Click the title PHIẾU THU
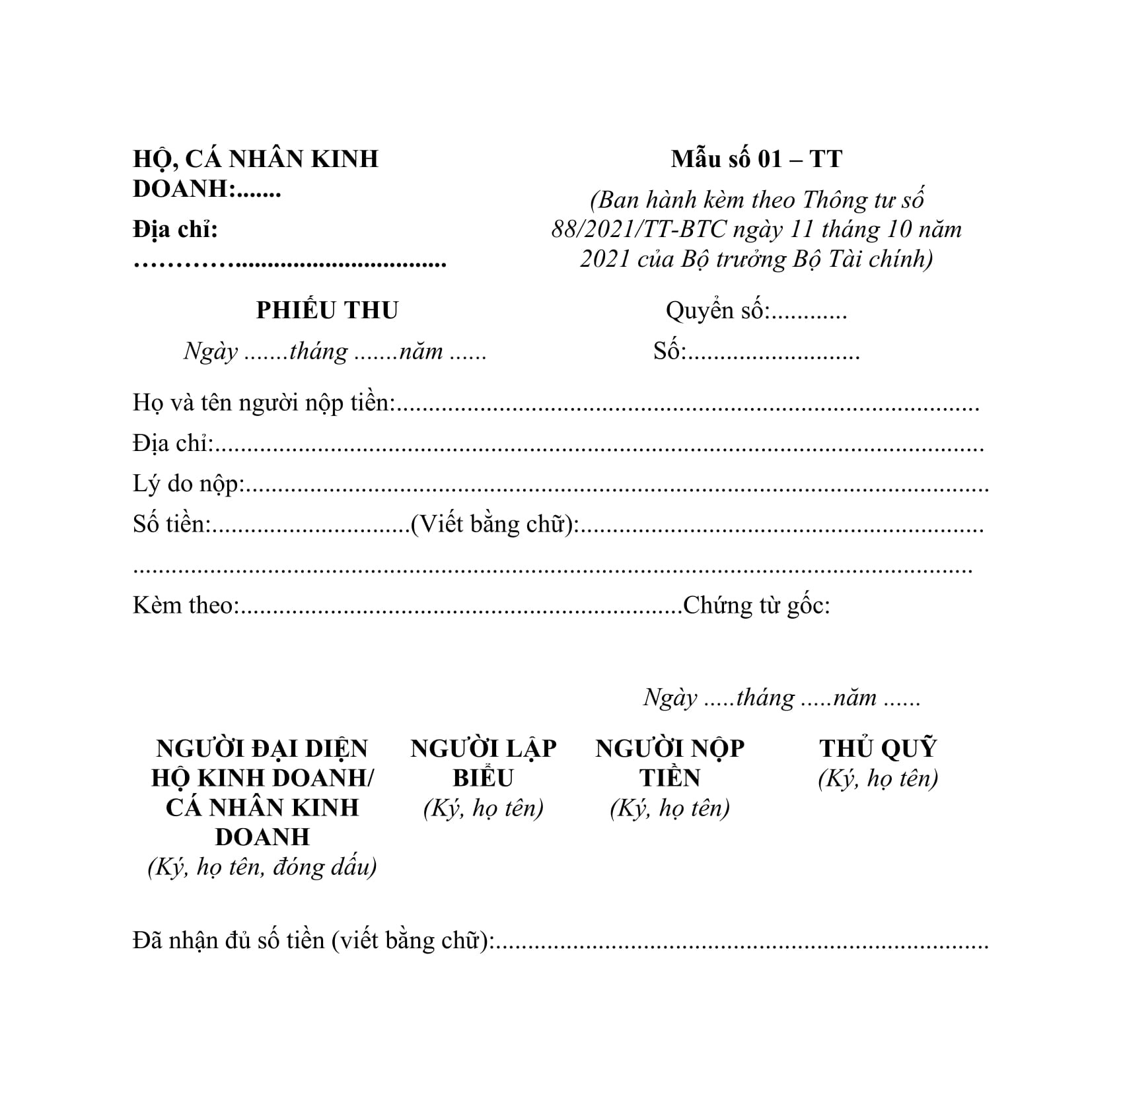327,310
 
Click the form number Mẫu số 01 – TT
756,159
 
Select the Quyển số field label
717,310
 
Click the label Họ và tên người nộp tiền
263,402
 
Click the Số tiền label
171,524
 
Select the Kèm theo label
184,606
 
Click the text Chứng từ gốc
756,606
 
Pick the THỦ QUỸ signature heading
878,749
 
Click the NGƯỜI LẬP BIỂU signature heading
484,763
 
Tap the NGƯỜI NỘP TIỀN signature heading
670,763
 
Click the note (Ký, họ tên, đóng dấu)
262,867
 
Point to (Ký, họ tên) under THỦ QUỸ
878,779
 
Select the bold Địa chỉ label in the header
175,230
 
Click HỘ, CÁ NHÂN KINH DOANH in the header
255,173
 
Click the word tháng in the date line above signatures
765,698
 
